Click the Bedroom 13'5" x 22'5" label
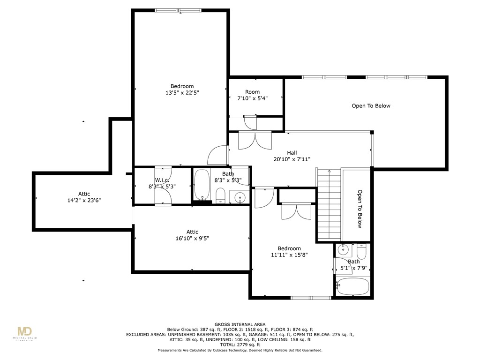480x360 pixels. [182, 90]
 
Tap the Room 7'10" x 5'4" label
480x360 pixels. [252, 95]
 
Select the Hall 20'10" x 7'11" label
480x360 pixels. [292, 156]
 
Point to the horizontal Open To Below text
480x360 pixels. [371, 106]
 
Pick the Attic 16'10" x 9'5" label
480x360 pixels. [192, 235]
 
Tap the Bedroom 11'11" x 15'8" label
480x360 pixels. [289, 252]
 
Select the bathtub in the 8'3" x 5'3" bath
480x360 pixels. [202, 185]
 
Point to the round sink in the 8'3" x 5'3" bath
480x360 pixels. [240, 197]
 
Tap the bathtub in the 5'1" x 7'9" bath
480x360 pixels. [352, 287]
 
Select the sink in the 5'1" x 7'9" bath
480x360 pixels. [344, 249]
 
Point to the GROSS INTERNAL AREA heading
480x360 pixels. [240, 324]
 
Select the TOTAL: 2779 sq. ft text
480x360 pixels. [240, 345]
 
